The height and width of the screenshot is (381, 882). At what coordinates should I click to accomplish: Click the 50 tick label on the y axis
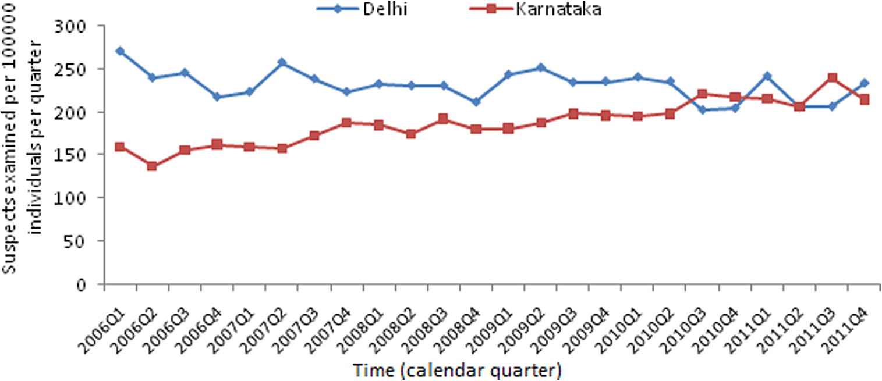(85, 241)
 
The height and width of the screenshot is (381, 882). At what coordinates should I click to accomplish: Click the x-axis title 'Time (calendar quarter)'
(456, 370)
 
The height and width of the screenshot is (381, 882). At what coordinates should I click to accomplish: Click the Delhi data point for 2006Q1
(120, 51)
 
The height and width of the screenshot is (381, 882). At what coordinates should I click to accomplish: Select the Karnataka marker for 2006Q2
(153, 166)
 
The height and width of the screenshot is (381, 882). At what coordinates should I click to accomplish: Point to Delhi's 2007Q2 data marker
(282, 62)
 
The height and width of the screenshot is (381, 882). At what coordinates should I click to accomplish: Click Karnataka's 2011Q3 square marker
(832, 77)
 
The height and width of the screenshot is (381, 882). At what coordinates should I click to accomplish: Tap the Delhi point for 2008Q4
(477, 102)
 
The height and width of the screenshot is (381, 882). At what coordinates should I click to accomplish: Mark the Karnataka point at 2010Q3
(702, 94)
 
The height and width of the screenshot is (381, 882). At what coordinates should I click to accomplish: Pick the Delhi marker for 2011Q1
(767, 76)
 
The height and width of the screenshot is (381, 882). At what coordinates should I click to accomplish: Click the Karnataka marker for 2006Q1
(120, 147)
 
